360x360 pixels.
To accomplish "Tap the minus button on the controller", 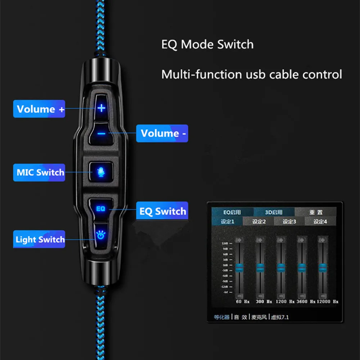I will click(x=102, y=134).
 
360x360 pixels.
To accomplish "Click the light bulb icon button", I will click(x=100, y=235).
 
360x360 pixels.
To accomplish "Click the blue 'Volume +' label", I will click(x=39, y=109).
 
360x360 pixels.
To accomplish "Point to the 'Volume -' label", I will click(x=162, y=134).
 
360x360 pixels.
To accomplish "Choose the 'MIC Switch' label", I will click(x=39, y=172).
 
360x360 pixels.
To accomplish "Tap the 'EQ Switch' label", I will click(x=162, y=212).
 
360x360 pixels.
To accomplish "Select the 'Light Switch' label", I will click(x=39, y=239).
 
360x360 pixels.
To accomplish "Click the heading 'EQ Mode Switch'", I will click(x=207, y=45).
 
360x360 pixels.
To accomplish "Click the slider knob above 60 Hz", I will click(x=239, y=267).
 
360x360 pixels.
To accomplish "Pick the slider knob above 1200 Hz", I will click(x=281, y=267).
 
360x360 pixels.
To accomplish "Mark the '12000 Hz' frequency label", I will click(x=328, y=301).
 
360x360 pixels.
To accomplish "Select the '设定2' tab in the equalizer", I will click(x=258, y=222).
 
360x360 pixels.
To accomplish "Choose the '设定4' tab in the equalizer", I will click(x=320, y=222).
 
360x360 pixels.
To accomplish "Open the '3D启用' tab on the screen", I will click(x=274, y=212).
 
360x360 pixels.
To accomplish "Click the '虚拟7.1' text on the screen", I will click(x=280, y=317).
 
